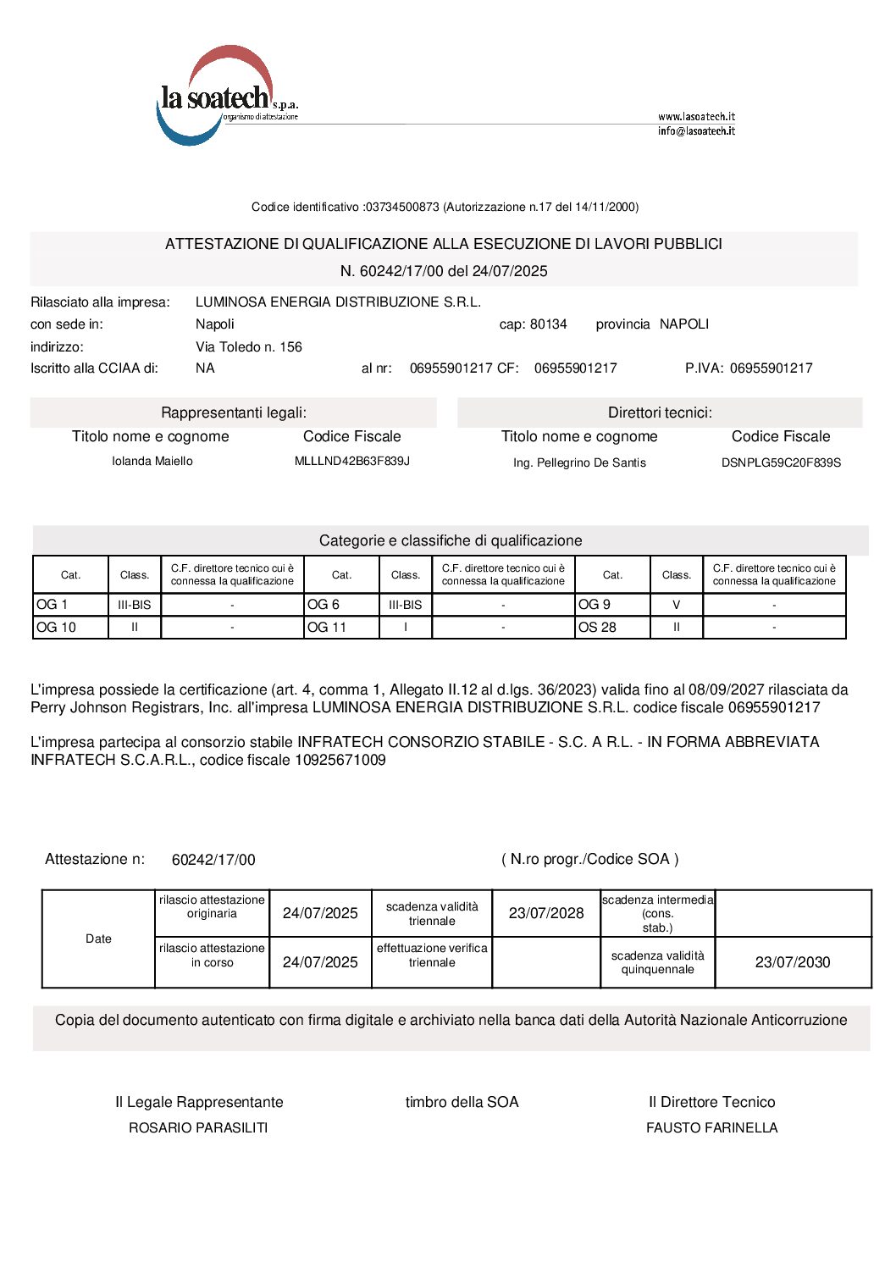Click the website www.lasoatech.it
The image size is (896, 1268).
[696, 116]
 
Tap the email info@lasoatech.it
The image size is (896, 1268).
[696, 131]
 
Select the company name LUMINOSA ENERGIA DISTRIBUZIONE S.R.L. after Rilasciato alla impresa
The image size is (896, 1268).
[338, 302]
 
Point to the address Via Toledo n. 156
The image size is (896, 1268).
[248, 346]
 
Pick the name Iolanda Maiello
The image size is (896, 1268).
[152, 461]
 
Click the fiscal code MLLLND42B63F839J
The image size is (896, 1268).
[351, 461]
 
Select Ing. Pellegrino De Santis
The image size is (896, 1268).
[579, 462]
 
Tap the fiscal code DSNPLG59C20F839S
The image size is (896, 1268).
[781, 462]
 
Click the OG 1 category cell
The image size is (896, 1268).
[70, 605]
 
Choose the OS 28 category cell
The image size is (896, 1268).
[611, 628]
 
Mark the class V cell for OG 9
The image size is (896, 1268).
[676, 605]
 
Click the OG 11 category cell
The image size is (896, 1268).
[341, 628]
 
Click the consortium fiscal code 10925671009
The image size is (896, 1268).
[340, 760]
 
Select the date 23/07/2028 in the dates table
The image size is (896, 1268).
[546, 913]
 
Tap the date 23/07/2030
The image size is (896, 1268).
[793, 962]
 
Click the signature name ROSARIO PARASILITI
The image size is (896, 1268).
[198, 1127]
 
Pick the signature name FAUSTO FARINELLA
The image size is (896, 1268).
[711, 1127]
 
